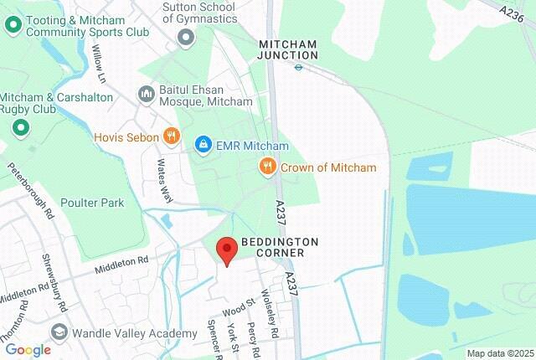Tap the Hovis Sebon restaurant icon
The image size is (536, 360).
point(171,136)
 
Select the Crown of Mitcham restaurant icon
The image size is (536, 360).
point(268,167)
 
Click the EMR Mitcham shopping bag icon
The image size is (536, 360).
point(203,145)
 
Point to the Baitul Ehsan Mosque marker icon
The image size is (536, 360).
point(146,92)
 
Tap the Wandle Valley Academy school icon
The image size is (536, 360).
point(59,332)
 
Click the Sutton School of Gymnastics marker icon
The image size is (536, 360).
point(186,36)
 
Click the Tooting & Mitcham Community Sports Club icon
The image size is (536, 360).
point(13,25)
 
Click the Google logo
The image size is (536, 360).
point(28,350)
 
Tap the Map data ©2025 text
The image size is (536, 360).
point(500,353)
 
